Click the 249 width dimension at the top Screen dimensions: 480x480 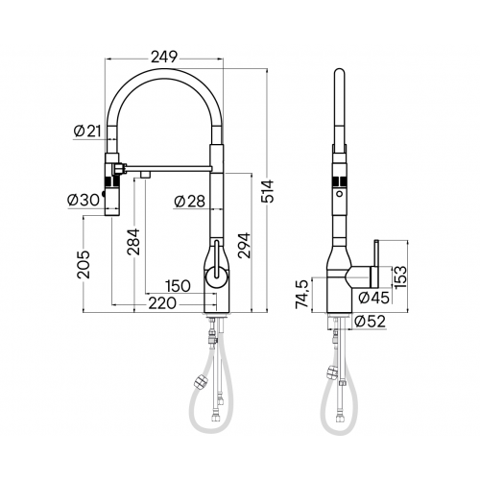[165, 58]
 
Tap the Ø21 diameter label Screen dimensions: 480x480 [86, 132]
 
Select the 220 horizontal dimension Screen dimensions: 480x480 [163, 304]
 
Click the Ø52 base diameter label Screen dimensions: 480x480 [371, 322]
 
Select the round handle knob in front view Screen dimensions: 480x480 [216, 278]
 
